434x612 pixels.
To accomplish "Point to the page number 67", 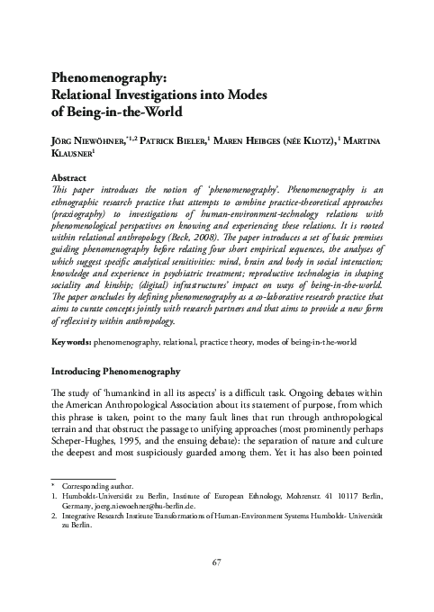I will click(x=216, y=562).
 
